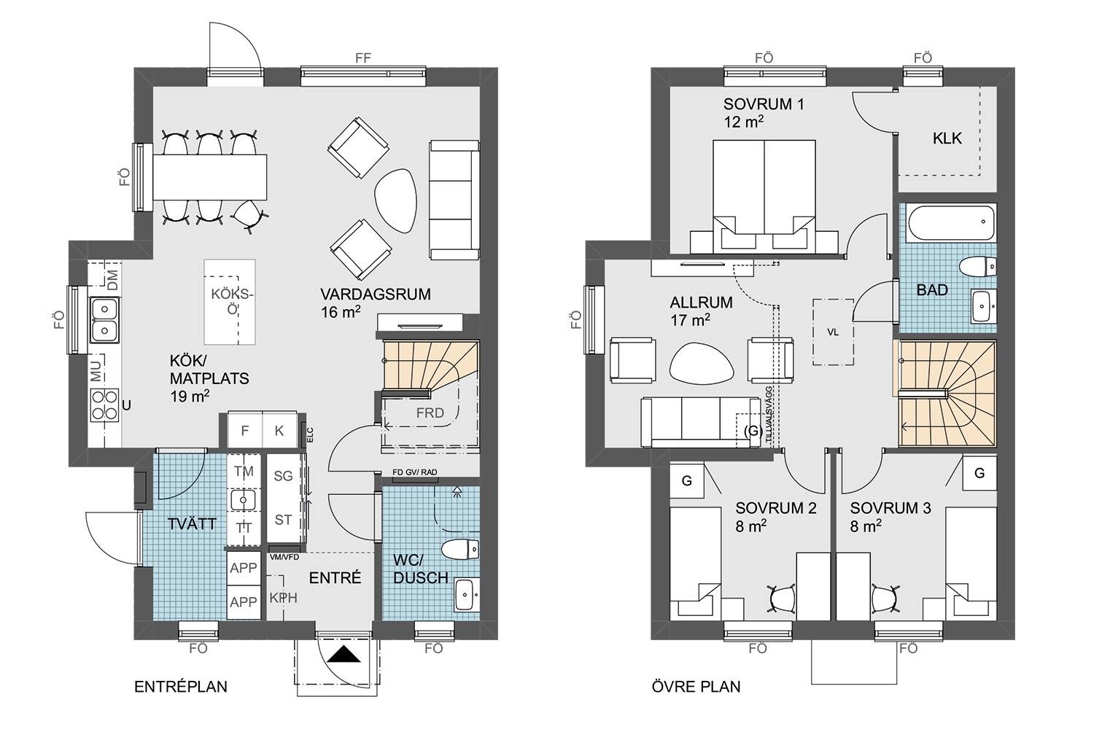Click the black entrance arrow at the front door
344,654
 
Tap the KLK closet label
947,139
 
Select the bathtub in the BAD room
951,222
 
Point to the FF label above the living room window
363,58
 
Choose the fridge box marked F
244,430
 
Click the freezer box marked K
279,430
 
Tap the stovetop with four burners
104,405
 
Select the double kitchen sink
104,320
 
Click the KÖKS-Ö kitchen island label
233,302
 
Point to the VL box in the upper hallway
833,332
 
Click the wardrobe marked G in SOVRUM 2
687,480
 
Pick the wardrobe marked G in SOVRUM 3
979,472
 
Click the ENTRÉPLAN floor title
181,687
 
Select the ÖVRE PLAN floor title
696,687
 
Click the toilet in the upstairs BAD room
978,267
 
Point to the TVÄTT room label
192,524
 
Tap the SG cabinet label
283,476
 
